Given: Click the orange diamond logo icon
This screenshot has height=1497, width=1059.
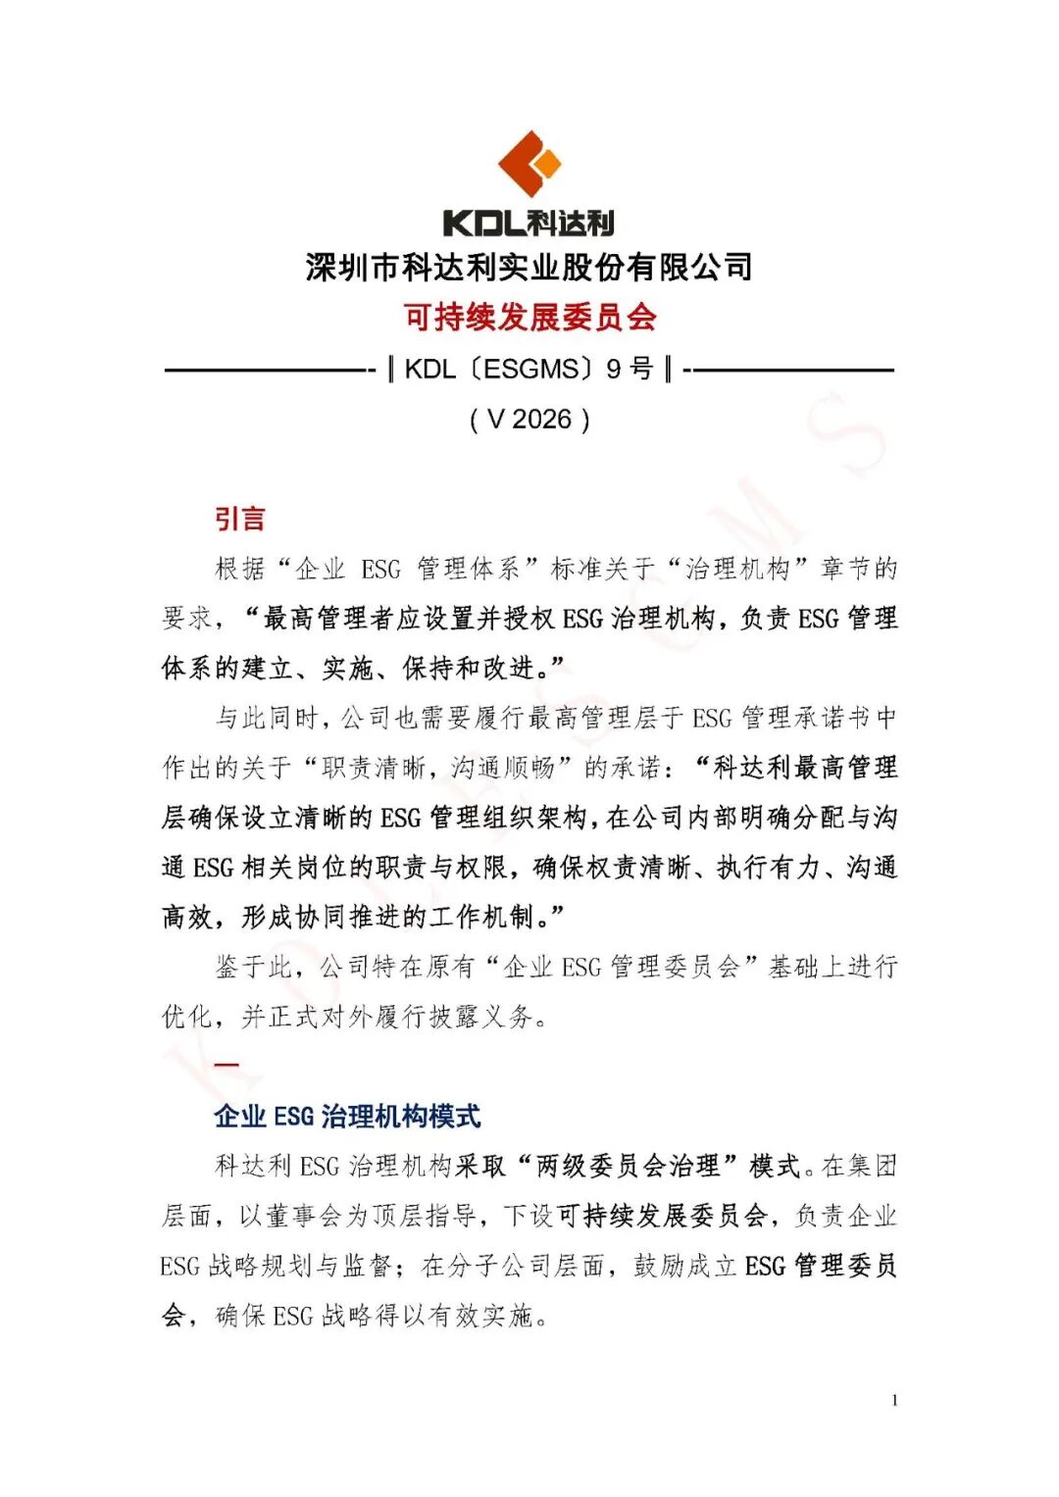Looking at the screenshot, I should coord(529,163).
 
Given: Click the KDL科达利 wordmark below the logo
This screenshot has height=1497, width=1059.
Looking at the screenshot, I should coord(529,224).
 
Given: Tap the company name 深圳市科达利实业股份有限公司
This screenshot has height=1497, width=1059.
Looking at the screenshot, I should coord(529,267).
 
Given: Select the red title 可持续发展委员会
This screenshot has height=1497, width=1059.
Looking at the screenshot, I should coord(529,317).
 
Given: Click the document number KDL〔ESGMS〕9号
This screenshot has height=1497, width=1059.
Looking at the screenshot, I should coord(529,370).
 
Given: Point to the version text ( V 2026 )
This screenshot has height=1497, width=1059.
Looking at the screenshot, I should coord(529,420).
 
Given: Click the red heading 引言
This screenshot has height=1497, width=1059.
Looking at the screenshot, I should coord(240,519).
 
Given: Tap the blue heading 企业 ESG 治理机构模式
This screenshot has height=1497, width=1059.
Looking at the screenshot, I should coord(347,1116).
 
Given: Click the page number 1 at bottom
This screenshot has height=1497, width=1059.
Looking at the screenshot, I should coord(894,1400).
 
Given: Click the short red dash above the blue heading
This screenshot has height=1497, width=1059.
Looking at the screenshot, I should coord(227,1065).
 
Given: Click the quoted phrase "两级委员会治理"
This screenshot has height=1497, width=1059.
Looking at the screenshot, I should coord(628,1166).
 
